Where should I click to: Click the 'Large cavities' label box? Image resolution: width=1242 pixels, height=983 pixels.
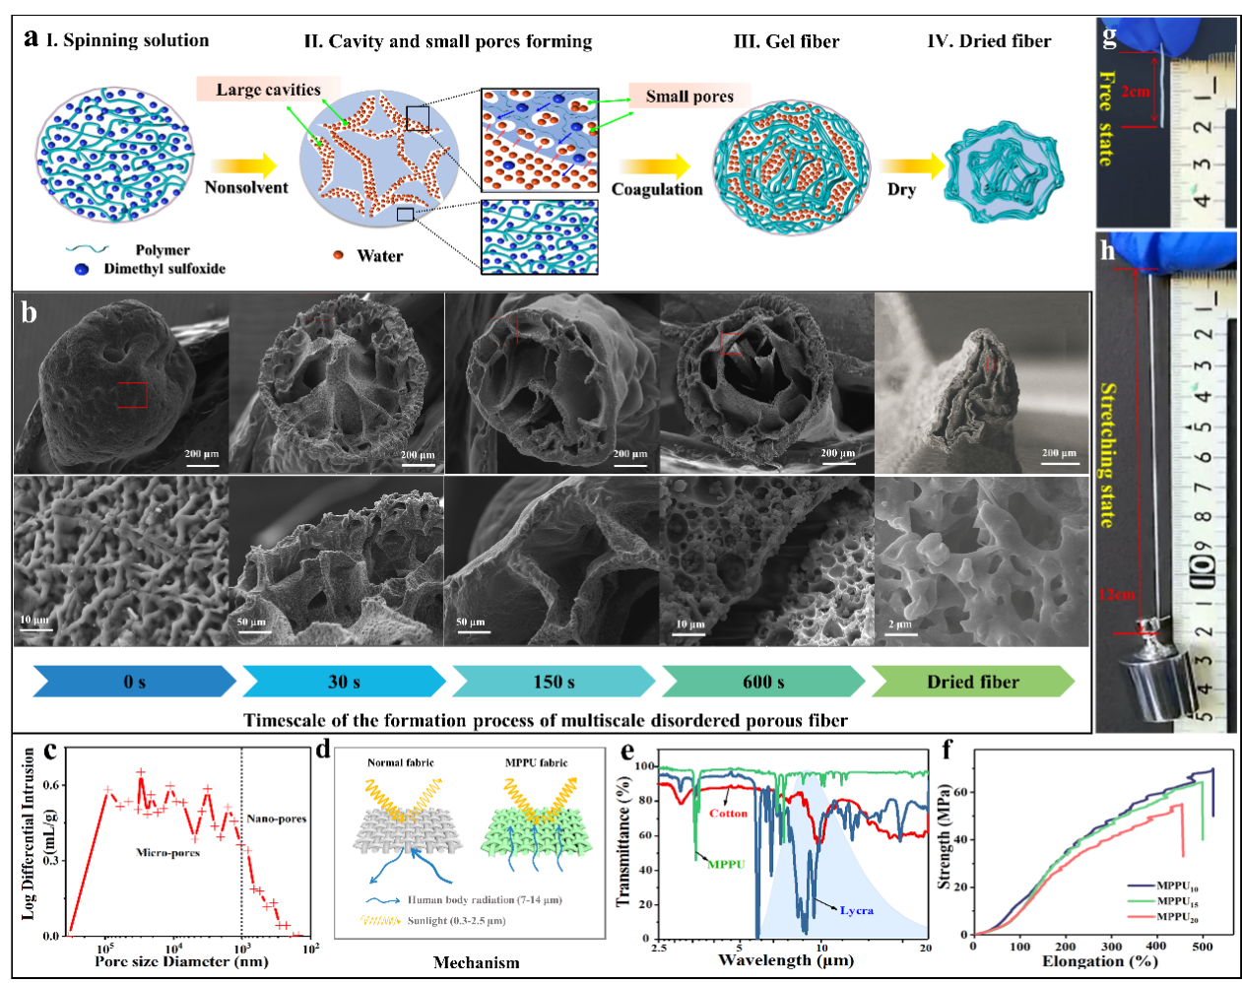[x=268, y=90]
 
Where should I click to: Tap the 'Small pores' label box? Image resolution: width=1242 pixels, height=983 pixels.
[x=689, y=96]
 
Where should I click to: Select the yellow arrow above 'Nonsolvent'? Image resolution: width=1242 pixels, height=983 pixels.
[x=244, y=165]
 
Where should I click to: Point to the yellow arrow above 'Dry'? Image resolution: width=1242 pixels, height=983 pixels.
[x=906, y=166]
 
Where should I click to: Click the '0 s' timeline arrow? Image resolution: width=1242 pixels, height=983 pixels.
[x=135, y=682]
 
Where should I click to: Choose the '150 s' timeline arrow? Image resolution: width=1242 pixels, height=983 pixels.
[x=554, y=682]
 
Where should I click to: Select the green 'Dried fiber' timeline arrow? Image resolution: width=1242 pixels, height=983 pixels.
[x=972, y=682]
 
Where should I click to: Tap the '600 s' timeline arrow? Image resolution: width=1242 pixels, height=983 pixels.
[x=763, y=682]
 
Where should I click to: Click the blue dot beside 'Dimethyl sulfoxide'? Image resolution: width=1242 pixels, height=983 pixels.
[x=82, y=269]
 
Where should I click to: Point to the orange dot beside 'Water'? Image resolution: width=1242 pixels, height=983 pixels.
[x=338, y=255]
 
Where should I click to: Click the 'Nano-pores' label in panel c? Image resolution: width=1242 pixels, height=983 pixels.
[x=276, y=819]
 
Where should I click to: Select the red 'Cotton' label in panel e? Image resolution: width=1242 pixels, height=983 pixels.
[x=728, y=814]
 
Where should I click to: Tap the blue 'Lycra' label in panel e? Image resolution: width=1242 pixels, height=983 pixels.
[x=856, y=910]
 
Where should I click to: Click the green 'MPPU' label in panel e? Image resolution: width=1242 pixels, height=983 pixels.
[x=726, y=864]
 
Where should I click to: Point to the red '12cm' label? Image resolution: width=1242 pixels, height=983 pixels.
[x=1116, y=595]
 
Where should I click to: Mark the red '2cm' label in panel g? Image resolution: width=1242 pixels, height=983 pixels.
[x=1135, y=92]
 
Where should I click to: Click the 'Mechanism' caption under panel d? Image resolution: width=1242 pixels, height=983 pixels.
[x=476, y=962]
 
